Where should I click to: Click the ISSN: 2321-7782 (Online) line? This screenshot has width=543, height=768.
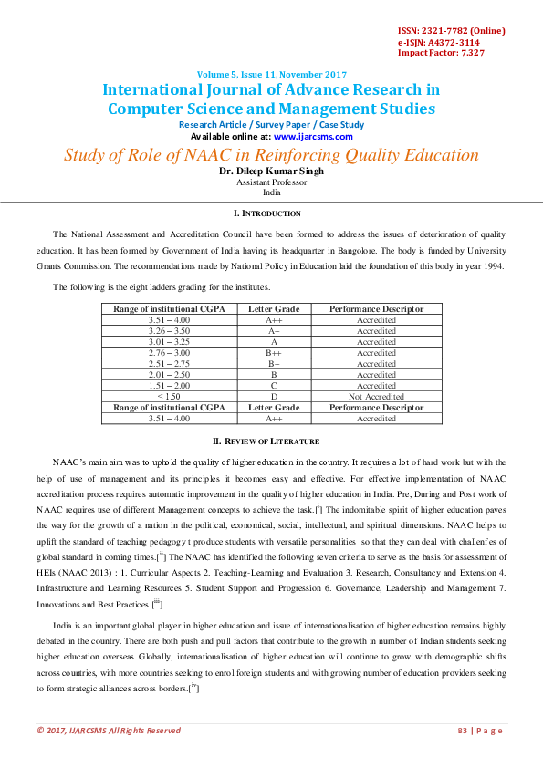pos(451,31)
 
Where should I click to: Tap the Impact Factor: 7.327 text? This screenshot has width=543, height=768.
pos(441,53)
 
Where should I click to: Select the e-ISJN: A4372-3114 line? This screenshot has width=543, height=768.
pos(439,42)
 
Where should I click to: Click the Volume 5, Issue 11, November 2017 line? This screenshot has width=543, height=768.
pos(271,75)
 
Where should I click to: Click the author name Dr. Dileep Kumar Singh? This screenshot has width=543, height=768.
pos(271,171)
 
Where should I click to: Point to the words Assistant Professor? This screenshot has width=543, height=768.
pos(271,182)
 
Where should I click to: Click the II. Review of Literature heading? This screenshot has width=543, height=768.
pos(271,441)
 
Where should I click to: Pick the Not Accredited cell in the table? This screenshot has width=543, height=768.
pos(376,397)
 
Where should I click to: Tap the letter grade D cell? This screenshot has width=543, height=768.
pos(274,397)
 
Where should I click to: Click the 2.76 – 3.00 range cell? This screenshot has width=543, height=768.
pos(169,353)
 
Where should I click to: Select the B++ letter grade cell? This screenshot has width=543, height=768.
pos(274,353)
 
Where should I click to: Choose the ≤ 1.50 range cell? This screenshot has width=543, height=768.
pos(169,397)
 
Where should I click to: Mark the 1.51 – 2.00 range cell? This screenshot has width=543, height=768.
pos(169,386)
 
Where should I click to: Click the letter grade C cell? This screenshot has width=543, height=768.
pos(274,386)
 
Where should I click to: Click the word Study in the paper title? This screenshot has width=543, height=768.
pos(86,155)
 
